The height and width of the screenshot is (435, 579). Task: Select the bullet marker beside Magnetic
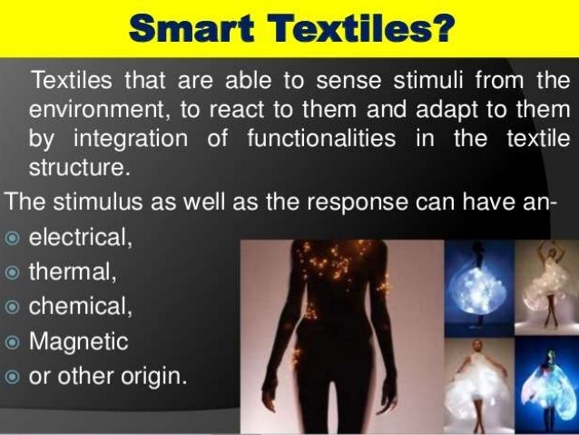coord(12,342)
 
